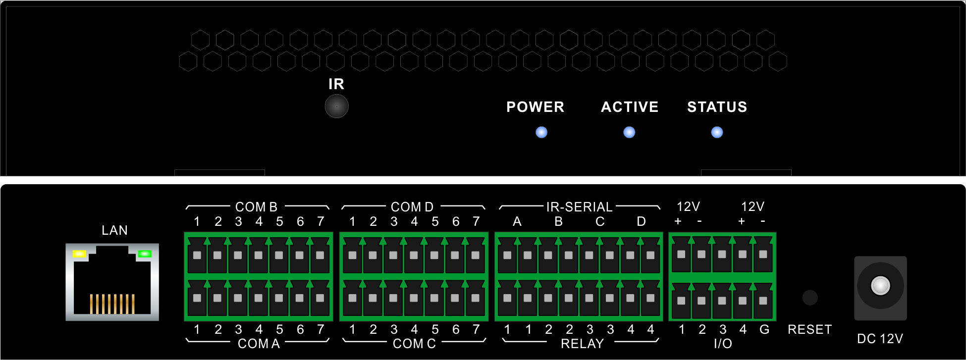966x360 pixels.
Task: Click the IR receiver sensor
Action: click(336, 106)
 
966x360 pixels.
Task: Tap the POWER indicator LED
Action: click(541, 132)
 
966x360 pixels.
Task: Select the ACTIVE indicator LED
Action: click(629, 132)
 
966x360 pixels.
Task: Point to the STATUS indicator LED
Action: click(717, 132)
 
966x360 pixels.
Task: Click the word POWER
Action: click(535, 107)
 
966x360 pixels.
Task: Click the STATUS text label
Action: click(717, 107)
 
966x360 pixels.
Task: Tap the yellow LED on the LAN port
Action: click(80, 254)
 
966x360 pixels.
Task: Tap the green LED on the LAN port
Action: click(145, 254)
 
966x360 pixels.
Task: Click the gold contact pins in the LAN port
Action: click(112, 304)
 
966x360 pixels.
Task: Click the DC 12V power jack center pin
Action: click(880, 285)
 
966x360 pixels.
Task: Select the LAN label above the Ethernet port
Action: click(114, 230)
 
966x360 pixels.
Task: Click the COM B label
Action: click(256, 207)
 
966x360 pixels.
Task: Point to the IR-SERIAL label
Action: click(579, 207)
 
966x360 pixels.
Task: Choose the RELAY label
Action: click(582, 344)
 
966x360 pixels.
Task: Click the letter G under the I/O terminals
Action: click(764, 329)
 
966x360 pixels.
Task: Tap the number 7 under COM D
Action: click(476, 221)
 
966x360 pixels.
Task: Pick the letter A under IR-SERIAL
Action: click(517, 221)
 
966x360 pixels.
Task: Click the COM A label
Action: click(259, 344)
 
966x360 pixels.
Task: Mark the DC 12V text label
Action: click(880, 339)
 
